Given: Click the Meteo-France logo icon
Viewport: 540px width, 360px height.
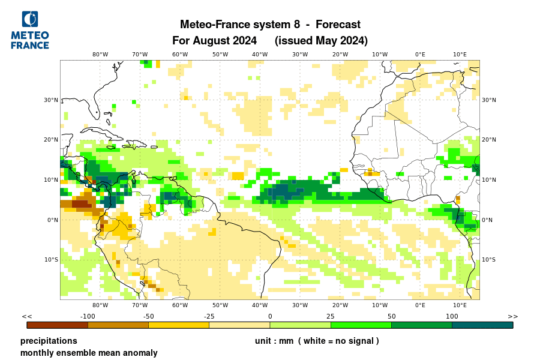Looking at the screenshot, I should [x=29, y=19].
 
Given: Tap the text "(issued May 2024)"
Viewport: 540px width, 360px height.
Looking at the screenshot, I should [x=321, y=41].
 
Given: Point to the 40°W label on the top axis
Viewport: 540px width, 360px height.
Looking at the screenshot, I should [x=260, y=54].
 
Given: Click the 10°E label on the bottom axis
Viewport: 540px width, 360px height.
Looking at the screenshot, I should [x=460, y=305].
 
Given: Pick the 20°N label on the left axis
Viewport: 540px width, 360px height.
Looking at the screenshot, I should [x=50, y=140].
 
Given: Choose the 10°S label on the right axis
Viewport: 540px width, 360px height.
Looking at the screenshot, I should [x=488, y=259].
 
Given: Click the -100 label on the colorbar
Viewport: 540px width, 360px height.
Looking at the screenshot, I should [x=88, y=316].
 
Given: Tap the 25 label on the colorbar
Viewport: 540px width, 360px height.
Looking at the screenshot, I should [x=331, y=316].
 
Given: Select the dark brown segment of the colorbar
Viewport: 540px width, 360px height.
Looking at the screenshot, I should [x=58, y=325].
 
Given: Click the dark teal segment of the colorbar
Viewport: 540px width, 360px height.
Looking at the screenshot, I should [x=482, y=325].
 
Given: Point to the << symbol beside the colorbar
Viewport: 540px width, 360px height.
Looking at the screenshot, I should [x=26, y=316].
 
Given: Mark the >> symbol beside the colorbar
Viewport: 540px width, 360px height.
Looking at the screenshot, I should [x=513, y=316].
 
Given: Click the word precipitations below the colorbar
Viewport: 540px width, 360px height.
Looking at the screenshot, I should [x=49, y=341].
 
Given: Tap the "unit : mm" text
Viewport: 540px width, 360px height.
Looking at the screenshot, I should [x=274, y=341].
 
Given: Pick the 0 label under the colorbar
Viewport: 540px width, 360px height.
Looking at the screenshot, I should [x=270, y=316].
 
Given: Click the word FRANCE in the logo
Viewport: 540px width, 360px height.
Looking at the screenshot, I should [x=30, y=45].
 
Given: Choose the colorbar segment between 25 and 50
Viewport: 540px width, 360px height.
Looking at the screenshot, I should [x=361, y=325].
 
